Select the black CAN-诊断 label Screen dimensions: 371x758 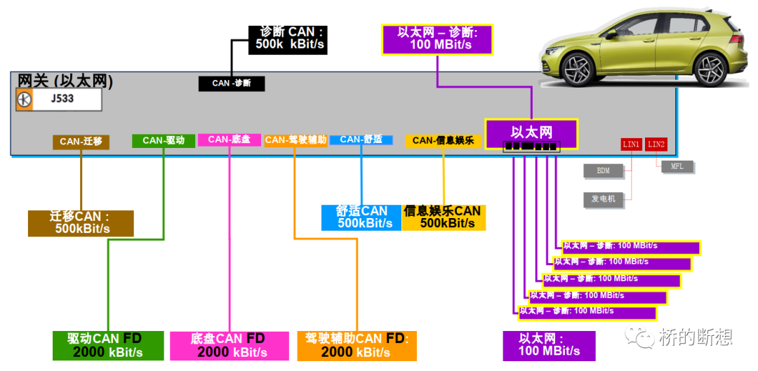tap(232, 83)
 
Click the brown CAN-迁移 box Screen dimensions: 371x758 tap(81, 142)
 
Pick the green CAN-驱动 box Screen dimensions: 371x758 tap(163, 140)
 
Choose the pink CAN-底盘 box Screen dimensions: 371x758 tap(230, 140)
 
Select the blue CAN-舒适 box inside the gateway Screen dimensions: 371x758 tap(361, 140)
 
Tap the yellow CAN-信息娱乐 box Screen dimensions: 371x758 tap(443, 140)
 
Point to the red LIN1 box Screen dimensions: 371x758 tap(631, 144)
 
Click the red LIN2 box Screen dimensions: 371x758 tap(656, 144)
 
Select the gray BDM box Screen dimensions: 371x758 tap(603, 170)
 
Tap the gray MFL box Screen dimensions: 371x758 tap(677, 167)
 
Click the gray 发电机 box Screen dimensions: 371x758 tap(603, 199)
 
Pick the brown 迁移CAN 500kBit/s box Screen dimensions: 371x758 tap(81, 223)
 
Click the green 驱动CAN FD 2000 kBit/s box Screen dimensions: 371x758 tap(108, 345)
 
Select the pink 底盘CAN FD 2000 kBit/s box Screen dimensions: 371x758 tap(229, 345)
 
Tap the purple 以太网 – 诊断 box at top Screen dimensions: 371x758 tap(437, 39)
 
